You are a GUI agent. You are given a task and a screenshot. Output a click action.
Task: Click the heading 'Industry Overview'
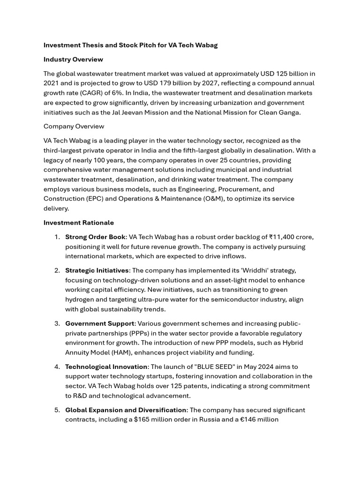click(73, 60)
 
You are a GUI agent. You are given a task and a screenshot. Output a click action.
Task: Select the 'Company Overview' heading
click(74, 126)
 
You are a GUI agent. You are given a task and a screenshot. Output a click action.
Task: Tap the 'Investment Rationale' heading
click(78, 223)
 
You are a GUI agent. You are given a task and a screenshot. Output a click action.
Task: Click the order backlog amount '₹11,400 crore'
click(291, 237)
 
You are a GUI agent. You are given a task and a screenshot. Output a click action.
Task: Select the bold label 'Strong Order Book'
click(95, 237)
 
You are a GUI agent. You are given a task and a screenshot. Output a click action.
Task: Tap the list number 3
click(57, 323)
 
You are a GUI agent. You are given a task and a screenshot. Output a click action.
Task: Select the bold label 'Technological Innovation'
click(106, 367)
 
